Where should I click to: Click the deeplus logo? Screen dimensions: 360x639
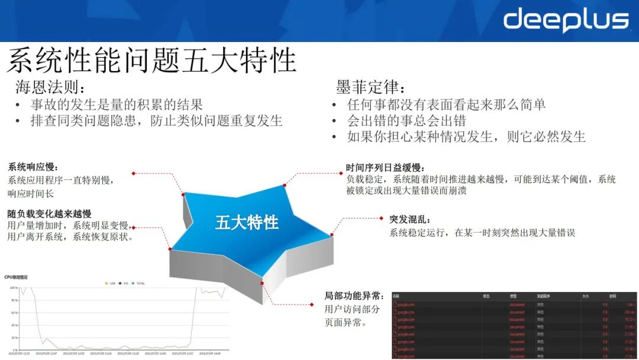(566, 21)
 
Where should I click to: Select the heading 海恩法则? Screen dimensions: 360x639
(51, 88)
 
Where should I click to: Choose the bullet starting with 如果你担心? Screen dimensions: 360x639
(466, 137)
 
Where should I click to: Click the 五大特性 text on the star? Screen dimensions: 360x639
(247, 223)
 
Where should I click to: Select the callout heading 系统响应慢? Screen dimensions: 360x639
(34, 167)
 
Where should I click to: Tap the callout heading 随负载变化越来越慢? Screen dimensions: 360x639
(49, 213)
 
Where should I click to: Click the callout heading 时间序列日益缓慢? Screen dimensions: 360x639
(386, 168)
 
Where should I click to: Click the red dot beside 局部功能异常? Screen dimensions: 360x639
(312, 304)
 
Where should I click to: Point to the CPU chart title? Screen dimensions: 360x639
(16, 277)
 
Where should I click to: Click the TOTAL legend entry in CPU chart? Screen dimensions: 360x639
(138, 284)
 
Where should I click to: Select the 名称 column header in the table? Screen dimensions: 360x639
(396, 295)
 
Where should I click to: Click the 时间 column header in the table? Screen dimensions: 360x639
(612, 295)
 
